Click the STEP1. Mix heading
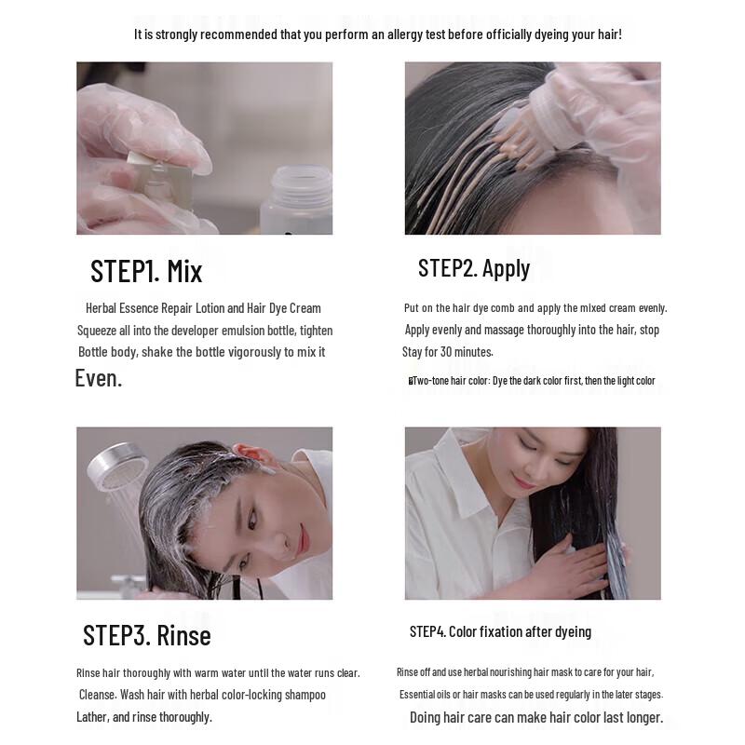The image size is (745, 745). [x=146, y=271]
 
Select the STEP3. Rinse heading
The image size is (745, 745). [x=147, y=635]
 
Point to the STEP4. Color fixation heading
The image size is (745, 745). [x=500, y=631]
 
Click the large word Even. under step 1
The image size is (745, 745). [x=98, y=378]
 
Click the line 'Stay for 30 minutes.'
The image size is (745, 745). [x=447, y=352]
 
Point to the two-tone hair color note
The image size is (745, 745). [x=533, y=380]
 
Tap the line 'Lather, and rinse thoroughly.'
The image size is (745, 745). [x=144, y=716]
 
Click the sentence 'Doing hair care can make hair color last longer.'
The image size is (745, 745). [x=536, y=717]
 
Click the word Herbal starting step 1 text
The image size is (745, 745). [x=102, y=308]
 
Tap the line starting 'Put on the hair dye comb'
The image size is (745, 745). [x=535, y=308]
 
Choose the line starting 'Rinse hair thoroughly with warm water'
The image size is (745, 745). [x=218, y=672]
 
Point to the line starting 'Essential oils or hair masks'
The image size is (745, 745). [x=531, y=695]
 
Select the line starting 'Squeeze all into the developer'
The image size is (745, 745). [x=205, y=331]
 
